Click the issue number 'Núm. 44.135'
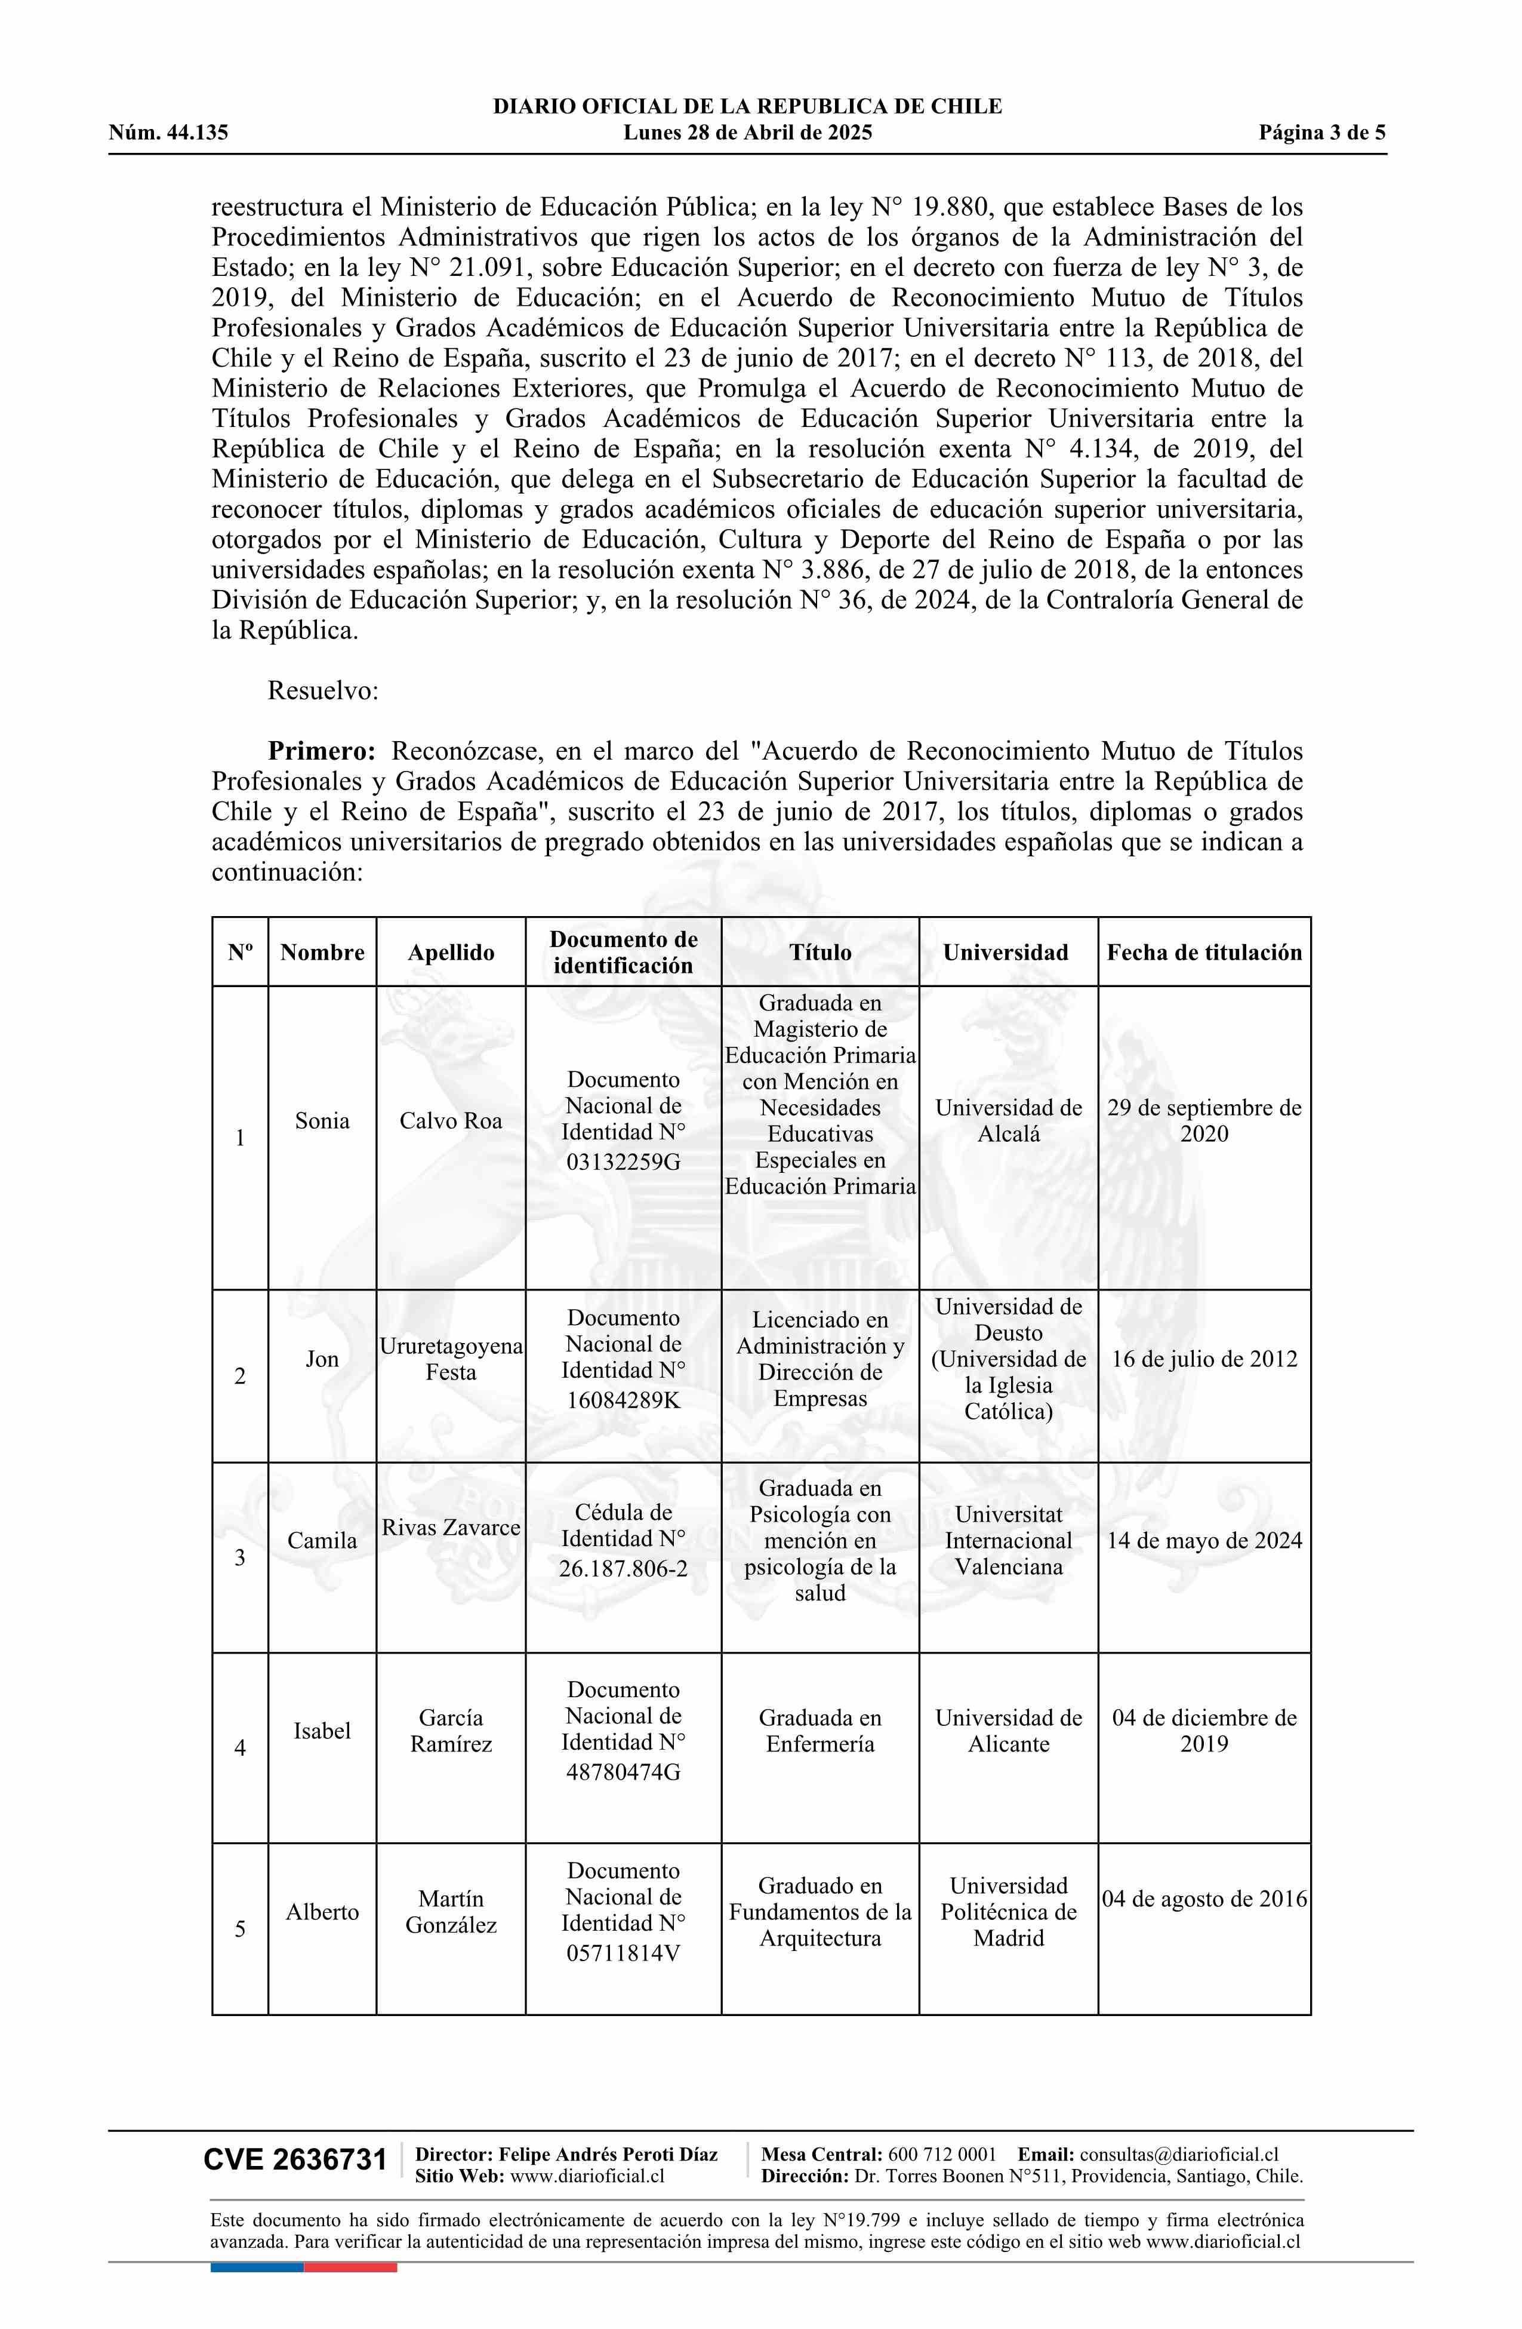click(x=168, y=133)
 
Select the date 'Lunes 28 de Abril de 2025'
click(x=747, y=133)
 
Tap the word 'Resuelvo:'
click(x=323, y=691)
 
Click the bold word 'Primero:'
click(x=322, y=751)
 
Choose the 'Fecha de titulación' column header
click(x=1204, y=952)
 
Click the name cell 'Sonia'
click(x=322, y=1120)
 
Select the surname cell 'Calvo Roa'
click(x=450, y=1120)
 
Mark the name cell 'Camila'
click(x=322, y=1540)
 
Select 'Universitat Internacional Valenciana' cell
click(x=1008, y=1540)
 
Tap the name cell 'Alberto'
click(x=322, y=1911)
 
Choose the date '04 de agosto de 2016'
click(x=1204, y=1898)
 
